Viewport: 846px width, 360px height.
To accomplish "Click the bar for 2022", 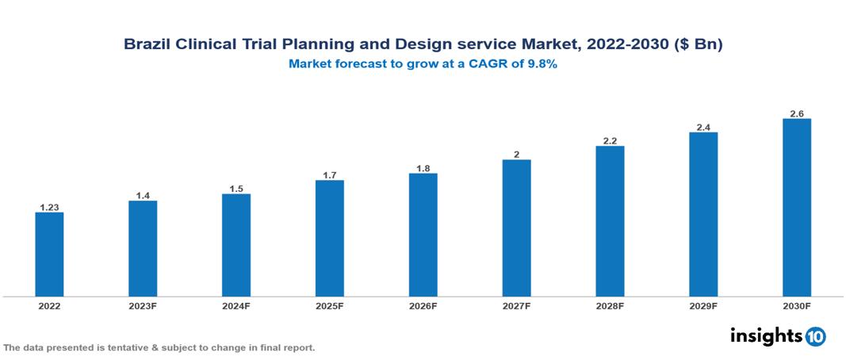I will (x=49, y=254).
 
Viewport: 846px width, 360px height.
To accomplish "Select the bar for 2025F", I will (x=329, y=238).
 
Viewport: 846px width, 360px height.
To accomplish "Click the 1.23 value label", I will (x=49, y=206).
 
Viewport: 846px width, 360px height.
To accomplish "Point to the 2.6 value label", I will (x=796, y=113).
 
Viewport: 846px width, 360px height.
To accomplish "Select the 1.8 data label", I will (x=423, y=168).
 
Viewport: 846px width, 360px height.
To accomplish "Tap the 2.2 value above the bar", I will (x=610, y=140).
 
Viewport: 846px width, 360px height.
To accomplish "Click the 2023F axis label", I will (x=143, y=305).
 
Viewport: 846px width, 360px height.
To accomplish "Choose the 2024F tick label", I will (x=236, y=305).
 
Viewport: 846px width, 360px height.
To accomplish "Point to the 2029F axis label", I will (x=702, y=305).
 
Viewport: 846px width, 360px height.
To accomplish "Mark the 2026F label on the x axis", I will (x=423, y=305).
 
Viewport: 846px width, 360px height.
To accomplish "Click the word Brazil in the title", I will (x=147, y=45).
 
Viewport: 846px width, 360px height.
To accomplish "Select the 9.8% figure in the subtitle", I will (x=542, y=65).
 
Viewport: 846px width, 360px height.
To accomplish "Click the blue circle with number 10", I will (x=815, y=336).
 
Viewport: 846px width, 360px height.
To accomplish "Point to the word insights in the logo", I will (x=765, y=335).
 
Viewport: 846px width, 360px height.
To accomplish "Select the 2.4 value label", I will (x=702, y=127).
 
